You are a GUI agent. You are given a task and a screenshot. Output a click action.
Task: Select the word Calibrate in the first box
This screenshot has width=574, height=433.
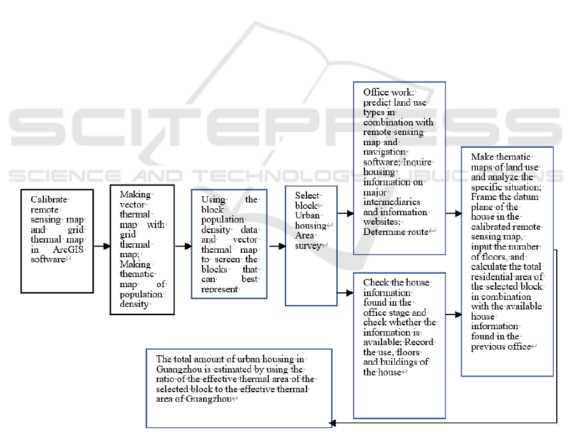[x=49, y=199]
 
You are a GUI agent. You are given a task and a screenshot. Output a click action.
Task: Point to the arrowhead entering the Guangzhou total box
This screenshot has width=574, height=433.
[x=330, y=422]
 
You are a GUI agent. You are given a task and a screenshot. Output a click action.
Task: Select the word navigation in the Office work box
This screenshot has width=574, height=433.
[x=385, y=152]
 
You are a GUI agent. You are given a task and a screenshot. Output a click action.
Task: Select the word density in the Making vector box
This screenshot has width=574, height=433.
[x=135, y=303]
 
